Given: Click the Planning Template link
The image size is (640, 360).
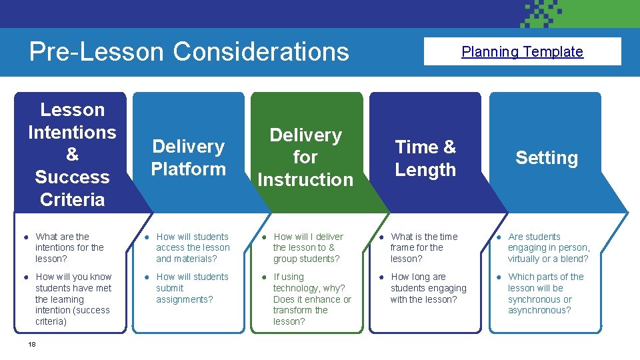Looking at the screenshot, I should (x=522, y=52).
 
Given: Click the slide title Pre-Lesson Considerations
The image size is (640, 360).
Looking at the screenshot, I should (x=189, y=51).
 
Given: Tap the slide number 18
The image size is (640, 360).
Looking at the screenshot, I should (x=31, y=344).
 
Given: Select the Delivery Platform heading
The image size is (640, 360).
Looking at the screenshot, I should (x=189, y=157).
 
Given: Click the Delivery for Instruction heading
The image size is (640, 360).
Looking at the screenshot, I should (x=305, y=157).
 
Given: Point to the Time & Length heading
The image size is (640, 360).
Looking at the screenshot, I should (x=425, y=158).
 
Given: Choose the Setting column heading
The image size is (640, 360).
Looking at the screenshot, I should (x=546, y=158).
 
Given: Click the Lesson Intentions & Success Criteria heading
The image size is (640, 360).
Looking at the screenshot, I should (x=72, y=154).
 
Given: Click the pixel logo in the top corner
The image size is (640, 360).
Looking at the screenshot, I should (x=550, y=13).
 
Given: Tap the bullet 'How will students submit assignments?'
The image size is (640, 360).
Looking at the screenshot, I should (x=192, y=288).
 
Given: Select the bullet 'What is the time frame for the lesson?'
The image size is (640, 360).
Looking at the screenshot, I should (x=424, y=247).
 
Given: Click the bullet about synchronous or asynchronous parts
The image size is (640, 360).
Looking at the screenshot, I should (x=545, y=293).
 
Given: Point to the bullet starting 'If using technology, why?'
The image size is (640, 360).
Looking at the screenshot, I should (x=311, y=299).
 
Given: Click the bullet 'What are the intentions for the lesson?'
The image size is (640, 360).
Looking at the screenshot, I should (x=69, y=247).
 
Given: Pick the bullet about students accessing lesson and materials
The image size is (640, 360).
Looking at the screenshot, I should (x=193, y=247).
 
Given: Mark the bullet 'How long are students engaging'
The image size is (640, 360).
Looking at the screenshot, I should (x=428, y=288).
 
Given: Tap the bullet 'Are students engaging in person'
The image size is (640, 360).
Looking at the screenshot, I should (x=548, y=247).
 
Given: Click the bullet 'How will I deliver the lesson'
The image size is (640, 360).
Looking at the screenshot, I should (x=307, y=247).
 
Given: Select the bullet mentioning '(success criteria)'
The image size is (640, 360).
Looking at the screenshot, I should (x=73, y=299).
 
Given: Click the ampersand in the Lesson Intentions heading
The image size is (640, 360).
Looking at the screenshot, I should (x=72, y=155).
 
